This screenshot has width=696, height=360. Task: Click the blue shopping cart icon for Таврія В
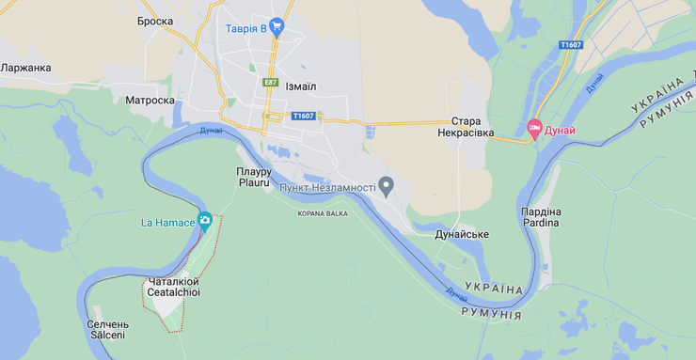pos(277,27)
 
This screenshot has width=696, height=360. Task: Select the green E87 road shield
pos(270,83)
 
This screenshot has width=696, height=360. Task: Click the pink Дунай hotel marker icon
pos(534,130)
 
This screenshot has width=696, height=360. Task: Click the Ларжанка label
pos(26,68)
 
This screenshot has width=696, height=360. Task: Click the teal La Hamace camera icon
pos(204,221)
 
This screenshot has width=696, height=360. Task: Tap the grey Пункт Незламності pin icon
pos(385,184)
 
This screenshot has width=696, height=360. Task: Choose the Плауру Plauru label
pos(254,177)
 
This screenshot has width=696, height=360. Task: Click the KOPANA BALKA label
pos(323,213)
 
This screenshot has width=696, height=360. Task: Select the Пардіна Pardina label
pos(541,217)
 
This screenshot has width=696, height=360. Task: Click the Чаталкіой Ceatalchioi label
pos(173,287)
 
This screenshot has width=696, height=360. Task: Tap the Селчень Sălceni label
pos(107,329)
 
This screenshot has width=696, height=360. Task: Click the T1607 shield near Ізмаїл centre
pos(303,116)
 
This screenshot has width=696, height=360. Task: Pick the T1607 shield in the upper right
pos(570,45)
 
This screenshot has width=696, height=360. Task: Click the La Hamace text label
pos(167,222)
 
